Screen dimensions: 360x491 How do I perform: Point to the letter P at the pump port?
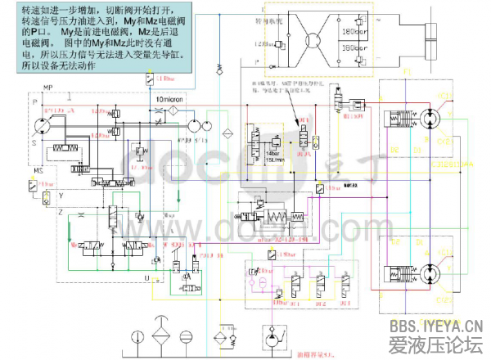point(35,104)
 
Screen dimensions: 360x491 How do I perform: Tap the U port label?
point(147,278)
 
